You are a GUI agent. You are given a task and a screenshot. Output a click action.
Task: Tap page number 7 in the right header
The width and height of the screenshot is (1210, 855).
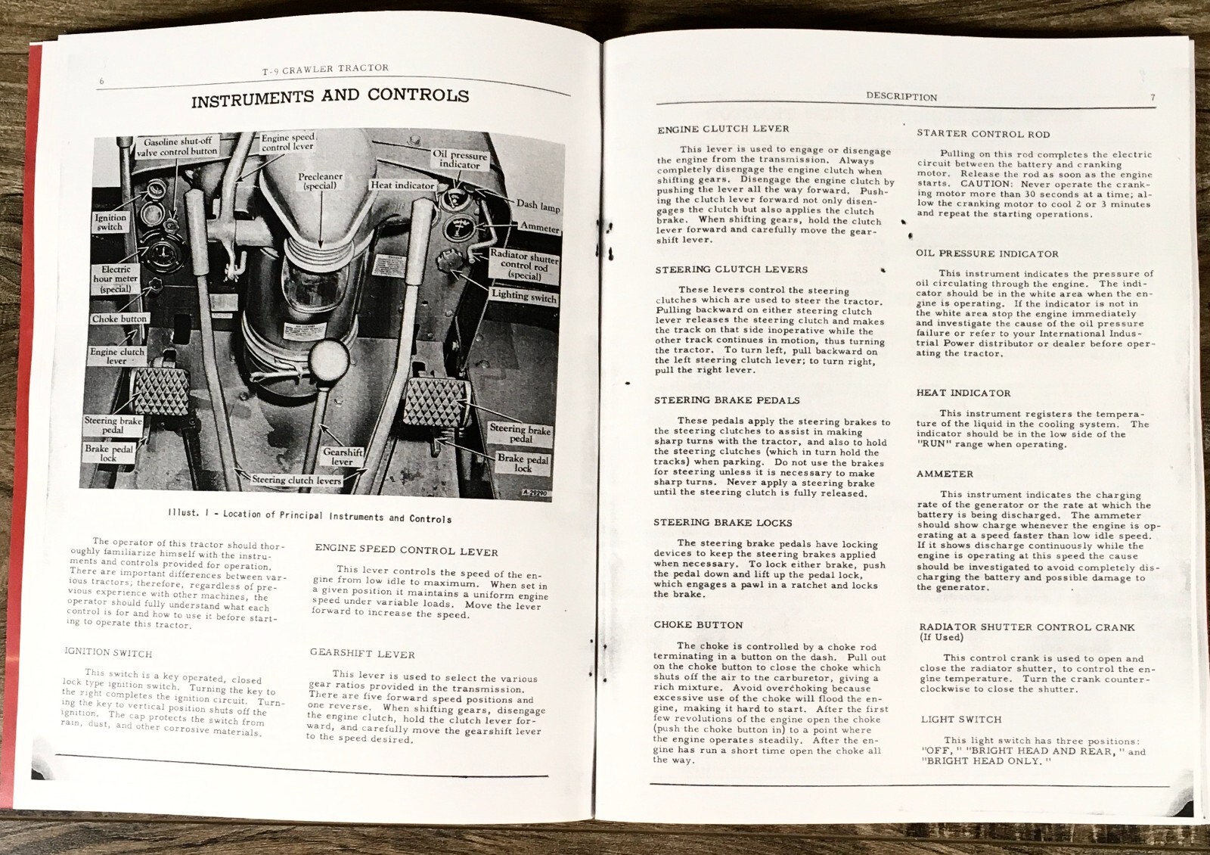click(1153, 97)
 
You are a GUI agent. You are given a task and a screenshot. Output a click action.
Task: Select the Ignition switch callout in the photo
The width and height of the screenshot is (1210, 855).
click(110, 222)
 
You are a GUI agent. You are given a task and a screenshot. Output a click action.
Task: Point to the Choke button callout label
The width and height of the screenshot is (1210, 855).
click(119, 319)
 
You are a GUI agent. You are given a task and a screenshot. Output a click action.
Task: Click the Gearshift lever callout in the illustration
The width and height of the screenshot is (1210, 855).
click(343, 456)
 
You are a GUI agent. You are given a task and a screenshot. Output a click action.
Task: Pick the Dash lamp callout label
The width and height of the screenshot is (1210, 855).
click(538, 205)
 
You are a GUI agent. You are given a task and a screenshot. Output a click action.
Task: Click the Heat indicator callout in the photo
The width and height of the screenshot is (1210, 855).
click(402, 185)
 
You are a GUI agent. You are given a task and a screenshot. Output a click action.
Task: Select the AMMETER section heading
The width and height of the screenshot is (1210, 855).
click(945, 474)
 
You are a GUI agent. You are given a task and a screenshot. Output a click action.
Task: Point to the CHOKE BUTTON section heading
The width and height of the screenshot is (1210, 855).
click(698, 625)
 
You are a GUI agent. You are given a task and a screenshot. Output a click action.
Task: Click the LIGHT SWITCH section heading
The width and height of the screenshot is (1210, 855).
click(960, 720)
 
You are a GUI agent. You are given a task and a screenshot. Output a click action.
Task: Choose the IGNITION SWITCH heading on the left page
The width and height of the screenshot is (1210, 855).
click(108, 652)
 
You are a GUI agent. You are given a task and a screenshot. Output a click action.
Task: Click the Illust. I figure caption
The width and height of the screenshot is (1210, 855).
click(309, 516)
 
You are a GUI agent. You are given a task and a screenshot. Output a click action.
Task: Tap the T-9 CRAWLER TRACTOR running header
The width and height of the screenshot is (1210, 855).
click(325, 69)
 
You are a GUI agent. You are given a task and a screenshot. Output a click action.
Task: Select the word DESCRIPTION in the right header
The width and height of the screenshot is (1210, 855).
click(901, 97)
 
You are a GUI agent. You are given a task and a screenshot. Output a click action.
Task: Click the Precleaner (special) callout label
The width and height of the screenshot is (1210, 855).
click(320, 181)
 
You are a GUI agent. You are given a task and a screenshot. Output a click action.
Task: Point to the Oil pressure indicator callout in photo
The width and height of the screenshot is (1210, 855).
click(460, 159)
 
